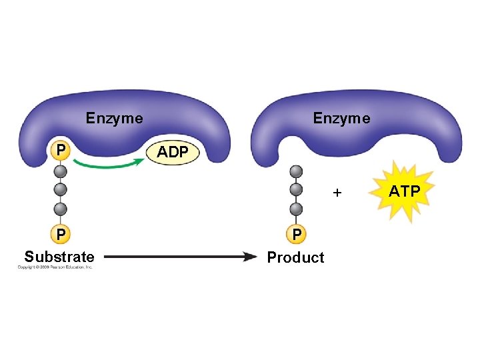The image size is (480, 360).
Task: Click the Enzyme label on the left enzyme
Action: tap(114, 119)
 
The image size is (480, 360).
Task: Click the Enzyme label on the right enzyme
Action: tap(341, 119)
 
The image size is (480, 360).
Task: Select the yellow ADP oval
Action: tap(172, 152)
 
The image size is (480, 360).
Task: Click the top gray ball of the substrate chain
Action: tap(61, 171)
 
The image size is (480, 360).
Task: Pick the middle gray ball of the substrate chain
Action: tap(61, 189)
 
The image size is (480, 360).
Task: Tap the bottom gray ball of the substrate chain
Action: tap(61, 208)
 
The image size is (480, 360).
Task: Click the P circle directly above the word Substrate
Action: tap(61, 234)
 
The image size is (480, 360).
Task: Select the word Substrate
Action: tap(59, 257)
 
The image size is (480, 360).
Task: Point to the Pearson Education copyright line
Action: tap(55, 268)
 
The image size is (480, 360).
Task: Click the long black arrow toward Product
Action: tap(180, 256)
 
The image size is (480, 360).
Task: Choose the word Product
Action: tap(295, 257)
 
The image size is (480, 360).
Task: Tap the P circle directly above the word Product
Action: tap(297, 234)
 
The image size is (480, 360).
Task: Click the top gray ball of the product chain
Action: tap(297, 171)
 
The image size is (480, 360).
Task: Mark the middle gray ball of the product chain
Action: tap(297, 189)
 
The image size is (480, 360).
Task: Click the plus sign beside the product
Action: tap(337, 193)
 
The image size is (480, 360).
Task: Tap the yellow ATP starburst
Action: tap(404, 192)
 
